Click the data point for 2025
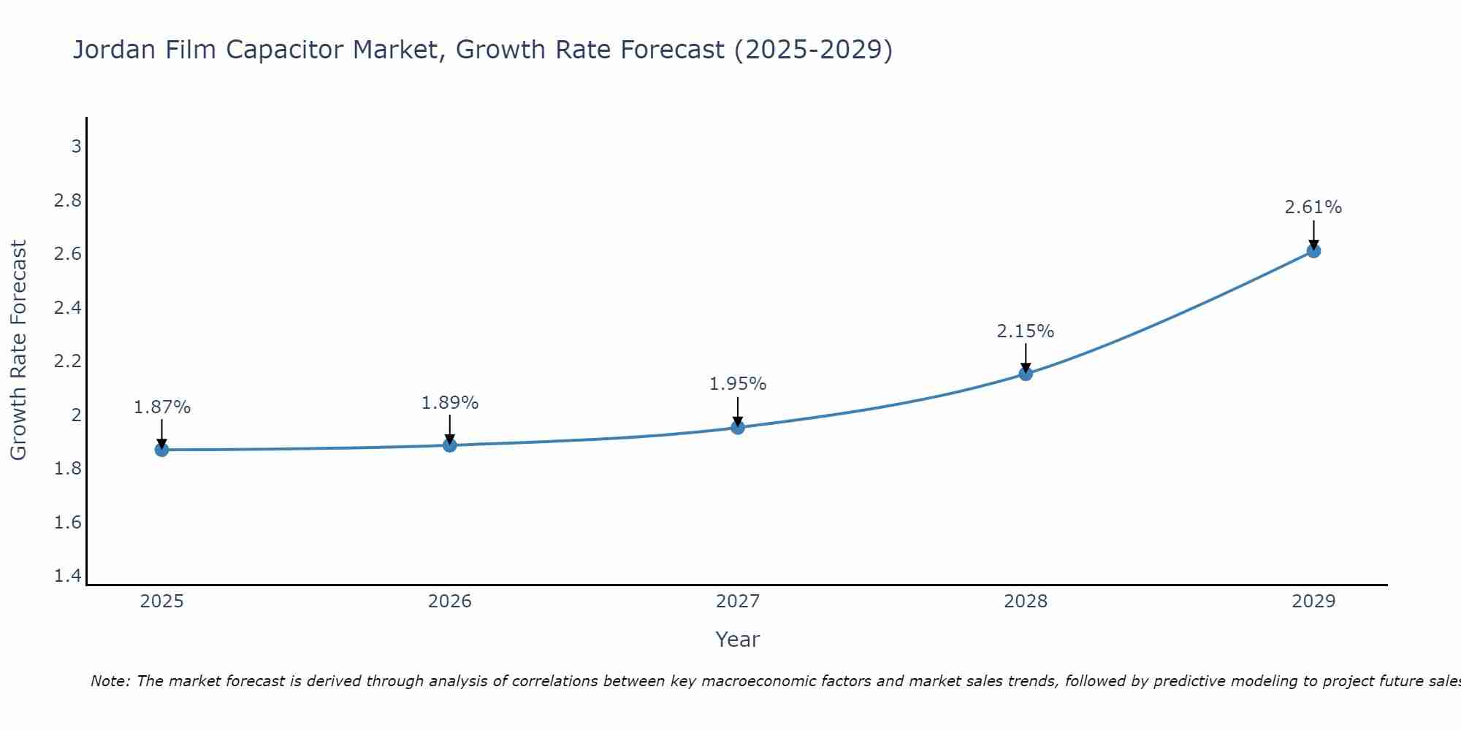point(161,450)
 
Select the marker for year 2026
point(450,445)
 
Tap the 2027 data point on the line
point(738,428)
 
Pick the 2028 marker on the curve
point(1026,374)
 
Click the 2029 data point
point(1313,251)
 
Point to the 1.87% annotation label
point(161,407)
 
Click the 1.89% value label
point(450,403)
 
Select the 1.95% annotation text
point(738,384)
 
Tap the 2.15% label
point(1026,331)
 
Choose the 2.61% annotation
point(1313,207)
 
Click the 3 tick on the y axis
point(76,147)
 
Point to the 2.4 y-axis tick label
point(68,308)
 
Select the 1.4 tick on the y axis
point(68,576)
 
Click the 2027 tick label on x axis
point(738,602)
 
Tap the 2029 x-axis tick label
point(1313,602)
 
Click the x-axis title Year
point(738,639)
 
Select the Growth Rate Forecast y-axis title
point(18,350)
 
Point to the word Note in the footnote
point(110,681)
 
